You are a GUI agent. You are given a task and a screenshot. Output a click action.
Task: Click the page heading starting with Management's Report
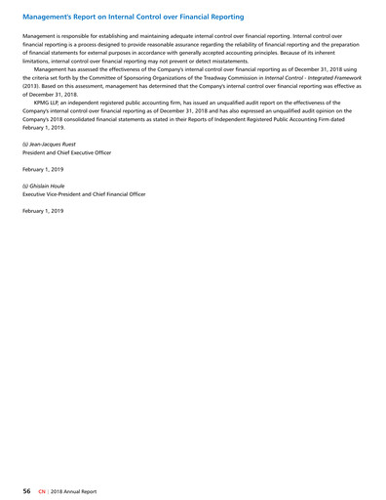[133, 17]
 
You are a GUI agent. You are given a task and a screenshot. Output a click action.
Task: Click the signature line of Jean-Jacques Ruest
[48, 145]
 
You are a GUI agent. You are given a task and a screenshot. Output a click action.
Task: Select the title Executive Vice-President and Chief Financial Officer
[83, 193]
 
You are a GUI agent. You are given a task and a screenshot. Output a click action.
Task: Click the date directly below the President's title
[42, 169]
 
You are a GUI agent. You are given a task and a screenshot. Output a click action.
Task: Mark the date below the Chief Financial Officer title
[42, 210]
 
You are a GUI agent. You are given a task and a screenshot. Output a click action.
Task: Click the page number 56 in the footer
[27, 487]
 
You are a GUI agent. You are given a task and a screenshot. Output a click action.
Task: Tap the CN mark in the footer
[42, 487]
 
